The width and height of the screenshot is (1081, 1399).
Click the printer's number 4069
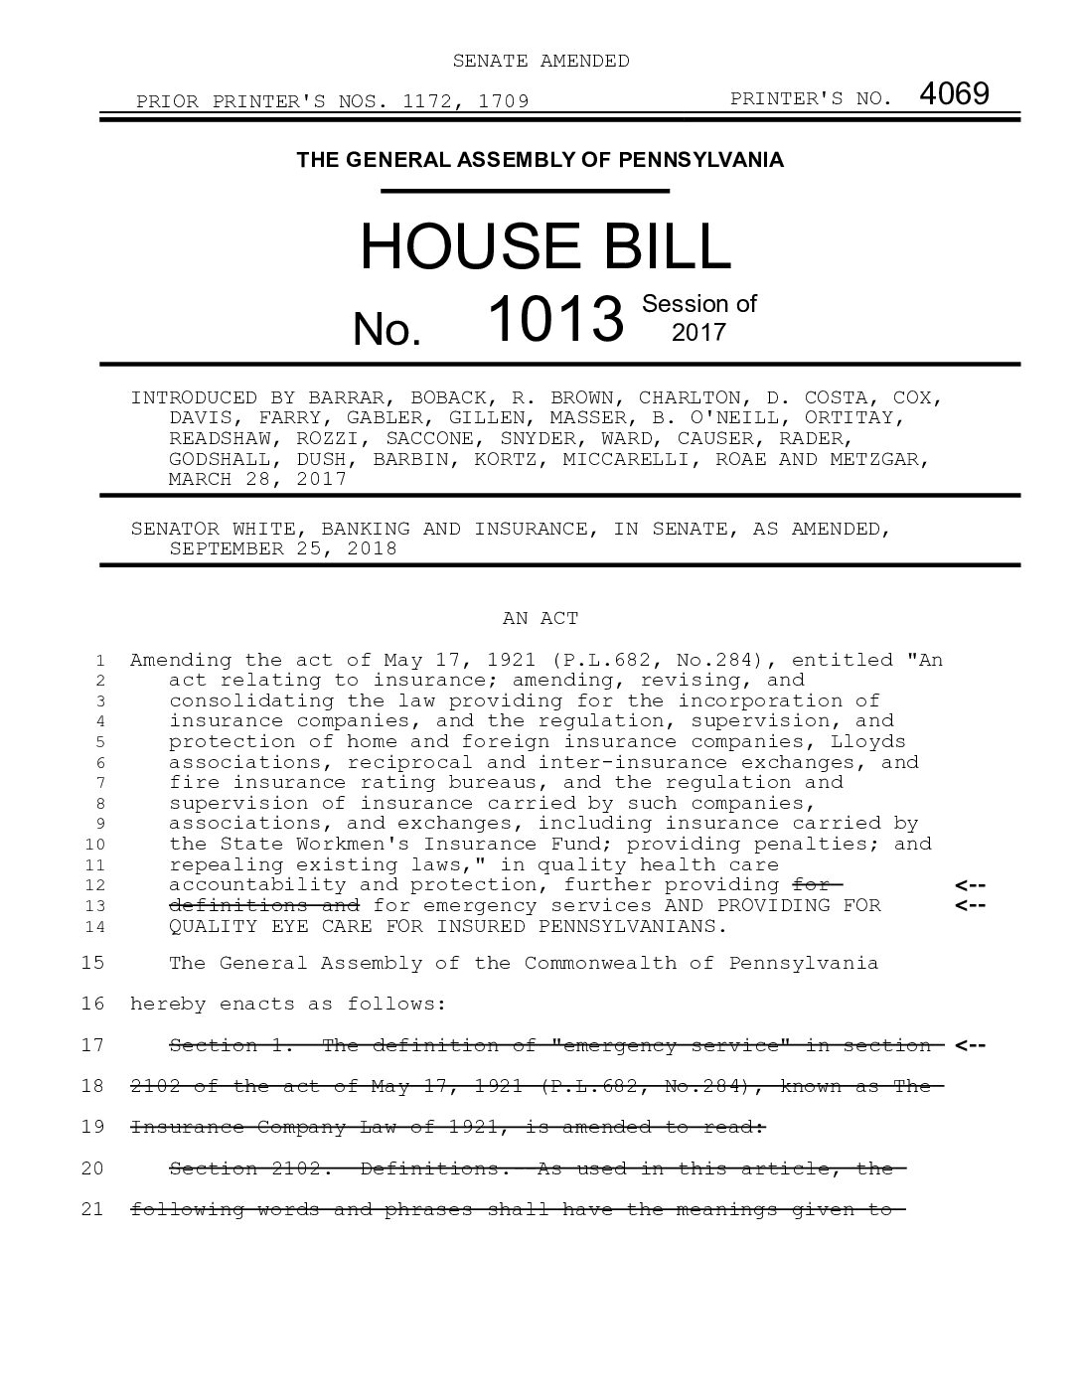954,94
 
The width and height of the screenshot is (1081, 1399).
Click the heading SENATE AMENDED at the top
540,61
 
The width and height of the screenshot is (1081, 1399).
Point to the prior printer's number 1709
503,100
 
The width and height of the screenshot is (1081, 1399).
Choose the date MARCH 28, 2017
257,479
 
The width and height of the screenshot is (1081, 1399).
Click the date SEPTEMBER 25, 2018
283,548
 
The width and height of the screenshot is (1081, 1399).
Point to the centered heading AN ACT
540,618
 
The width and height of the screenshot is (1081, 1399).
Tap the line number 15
92,963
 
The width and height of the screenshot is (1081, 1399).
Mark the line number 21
92,1209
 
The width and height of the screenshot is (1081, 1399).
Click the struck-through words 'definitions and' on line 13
264,905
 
